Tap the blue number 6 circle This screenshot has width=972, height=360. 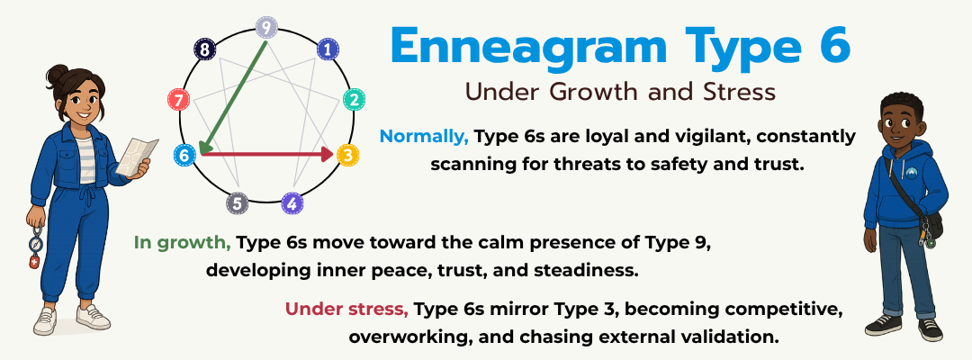click(184, 155)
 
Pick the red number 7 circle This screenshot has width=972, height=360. click(180, 98)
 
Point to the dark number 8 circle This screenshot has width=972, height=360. click(206, 49)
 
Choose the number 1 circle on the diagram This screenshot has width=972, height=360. click(328, 49)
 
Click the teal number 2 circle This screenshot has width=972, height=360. click(355, 99)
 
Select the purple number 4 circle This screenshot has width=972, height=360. click(292, 203)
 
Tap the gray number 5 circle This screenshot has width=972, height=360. click(238, 203)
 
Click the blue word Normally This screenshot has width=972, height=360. click(424, 137)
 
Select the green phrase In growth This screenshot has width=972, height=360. click(183, 242)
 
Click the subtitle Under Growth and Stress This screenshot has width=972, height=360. click(620, 92)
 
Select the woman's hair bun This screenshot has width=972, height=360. click(58, 73)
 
